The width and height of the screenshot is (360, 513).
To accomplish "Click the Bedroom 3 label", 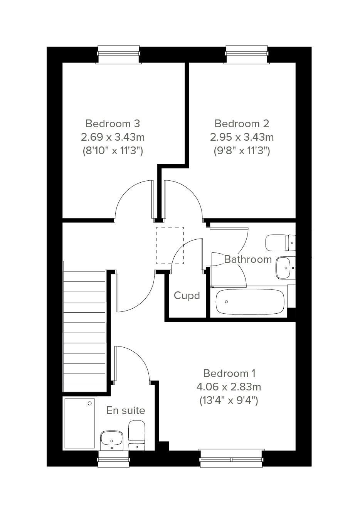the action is click(113, 124).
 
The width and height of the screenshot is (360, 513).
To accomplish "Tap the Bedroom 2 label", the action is click(242, 124).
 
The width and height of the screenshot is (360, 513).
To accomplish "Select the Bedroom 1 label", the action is click(229, 373).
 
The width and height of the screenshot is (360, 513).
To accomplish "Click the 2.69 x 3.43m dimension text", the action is click(113, 138).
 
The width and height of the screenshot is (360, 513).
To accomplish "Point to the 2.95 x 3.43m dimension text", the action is click(242, 138).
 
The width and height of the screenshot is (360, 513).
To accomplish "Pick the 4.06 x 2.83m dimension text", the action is click(229, 387).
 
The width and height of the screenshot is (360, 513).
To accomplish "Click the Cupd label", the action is click(187, 296).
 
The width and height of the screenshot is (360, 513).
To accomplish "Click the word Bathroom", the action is click(248, 259).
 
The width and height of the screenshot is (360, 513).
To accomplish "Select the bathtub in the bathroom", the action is click(250, 302).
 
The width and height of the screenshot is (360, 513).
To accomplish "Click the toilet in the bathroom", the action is click(281, 243).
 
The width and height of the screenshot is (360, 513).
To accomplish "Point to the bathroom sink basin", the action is click(286, 268).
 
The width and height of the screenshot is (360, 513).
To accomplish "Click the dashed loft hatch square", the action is click(170, 245).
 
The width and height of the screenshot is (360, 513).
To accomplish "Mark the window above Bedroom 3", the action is click(118, 55).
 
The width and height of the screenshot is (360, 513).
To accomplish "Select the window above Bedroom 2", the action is click(246, 55).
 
